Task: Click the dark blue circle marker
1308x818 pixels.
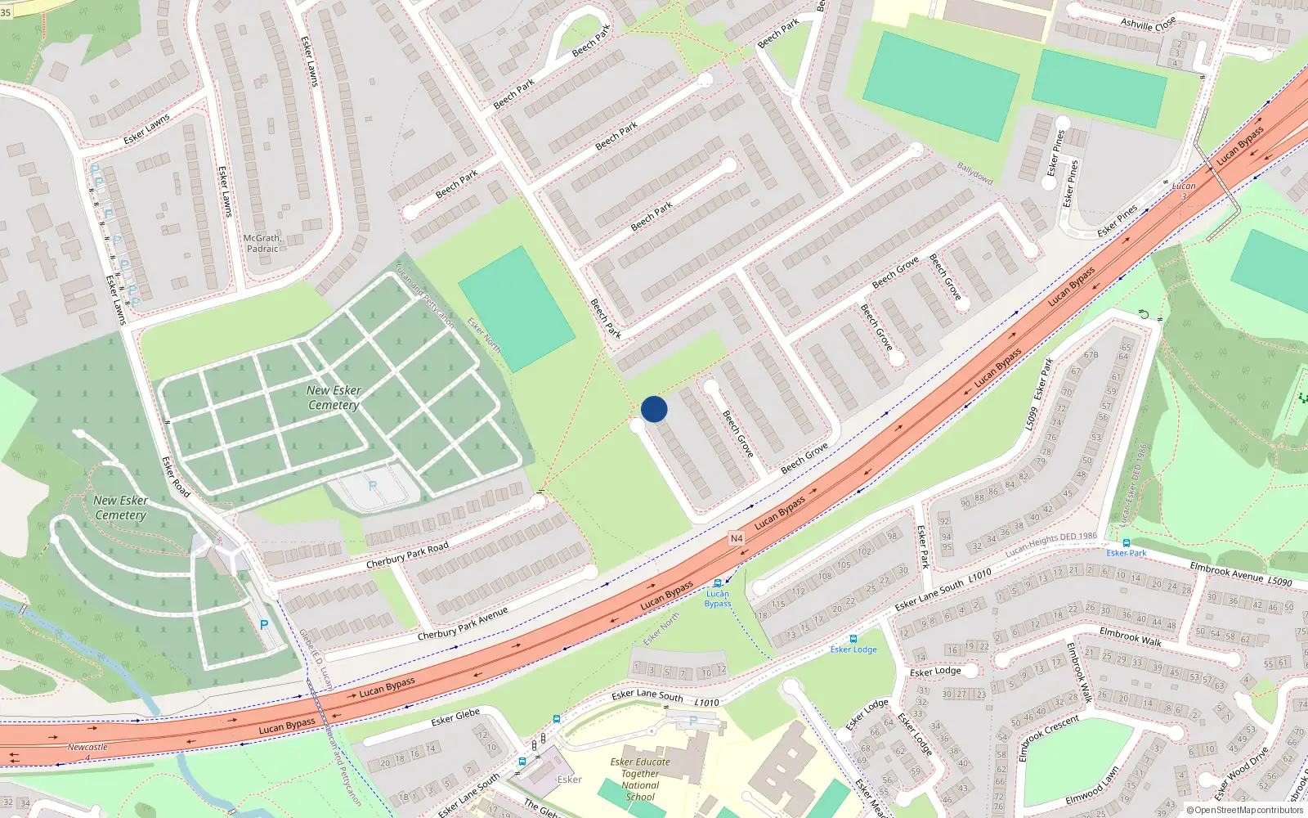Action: coord(654,409)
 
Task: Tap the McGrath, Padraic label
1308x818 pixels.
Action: coord(262,243)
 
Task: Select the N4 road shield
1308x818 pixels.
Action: coord(737,538)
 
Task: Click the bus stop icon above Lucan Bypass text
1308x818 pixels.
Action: coord(718,583)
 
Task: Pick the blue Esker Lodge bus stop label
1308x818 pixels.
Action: coord(853,649)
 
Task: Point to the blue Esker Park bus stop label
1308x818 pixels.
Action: coord(1127,553)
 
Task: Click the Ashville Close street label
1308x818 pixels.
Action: coord(1148,23)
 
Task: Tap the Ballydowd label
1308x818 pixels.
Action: coord(974,173)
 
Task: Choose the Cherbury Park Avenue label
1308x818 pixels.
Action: coord(463,623)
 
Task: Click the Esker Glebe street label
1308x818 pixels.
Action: coord(455,718)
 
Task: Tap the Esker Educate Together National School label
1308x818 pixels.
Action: coord(640,779)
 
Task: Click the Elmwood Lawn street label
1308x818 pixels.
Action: coord(1092,786)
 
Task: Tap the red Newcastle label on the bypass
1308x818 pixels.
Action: coord(87,747)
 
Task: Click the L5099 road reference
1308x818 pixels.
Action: coord(1032,418)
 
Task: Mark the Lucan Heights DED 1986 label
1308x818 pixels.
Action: coord(1051,543)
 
